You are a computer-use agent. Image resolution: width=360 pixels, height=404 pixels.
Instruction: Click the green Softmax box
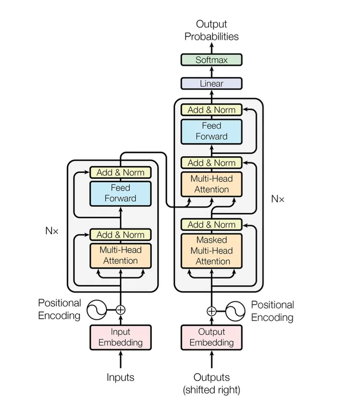tap(211, 60)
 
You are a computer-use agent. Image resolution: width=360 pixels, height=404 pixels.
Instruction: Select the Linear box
tap(211, 84)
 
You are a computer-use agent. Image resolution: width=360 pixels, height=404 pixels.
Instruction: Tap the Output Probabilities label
tap(211, 30)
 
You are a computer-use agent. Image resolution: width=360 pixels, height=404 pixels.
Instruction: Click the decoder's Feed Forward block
tap(211, 131)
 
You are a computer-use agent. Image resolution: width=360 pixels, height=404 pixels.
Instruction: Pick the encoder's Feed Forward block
tap(120, 193)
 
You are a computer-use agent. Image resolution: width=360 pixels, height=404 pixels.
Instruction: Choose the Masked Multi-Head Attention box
tap(211, 251)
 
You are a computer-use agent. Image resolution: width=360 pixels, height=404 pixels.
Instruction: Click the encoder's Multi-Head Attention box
tap(120, 255)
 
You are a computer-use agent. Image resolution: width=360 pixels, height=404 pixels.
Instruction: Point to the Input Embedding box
tap(120, 337)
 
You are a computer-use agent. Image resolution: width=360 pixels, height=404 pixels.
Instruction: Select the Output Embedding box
tap(211, 337)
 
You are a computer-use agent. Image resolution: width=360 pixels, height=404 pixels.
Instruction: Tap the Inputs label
tap(120, 377)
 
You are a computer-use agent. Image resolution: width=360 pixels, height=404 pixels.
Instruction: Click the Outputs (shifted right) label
tap(211, 383)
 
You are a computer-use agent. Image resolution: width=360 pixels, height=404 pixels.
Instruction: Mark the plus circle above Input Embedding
tap(120, 309)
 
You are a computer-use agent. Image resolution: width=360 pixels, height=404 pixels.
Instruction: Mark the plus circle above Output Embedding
tap(211, 311)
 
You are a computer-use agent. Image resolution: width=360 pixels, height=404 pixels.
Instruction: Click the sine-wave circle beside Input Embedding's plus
tap(97, 309)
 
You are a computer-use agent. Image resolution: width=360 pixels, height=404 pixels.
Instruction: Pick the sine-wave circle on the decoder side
tap(234, 311)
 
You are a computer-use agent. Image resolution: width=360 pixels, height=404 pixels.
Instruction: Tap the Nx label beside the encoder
tap(52, 231)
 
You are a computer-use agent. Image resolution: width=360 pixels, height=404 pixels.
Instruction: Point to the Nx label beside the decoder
tap(278, 199)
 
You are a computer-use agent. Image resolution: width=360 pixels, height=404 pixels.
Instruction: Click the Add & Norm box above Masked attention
tap(211, 224)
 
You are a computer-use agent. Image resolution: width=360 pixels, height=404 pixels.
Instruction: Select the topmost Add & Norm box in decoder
tap(211, 110)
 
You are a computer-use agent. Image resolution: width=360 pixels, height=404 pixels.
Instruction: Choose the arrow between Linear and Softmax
tap(211, 72)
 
